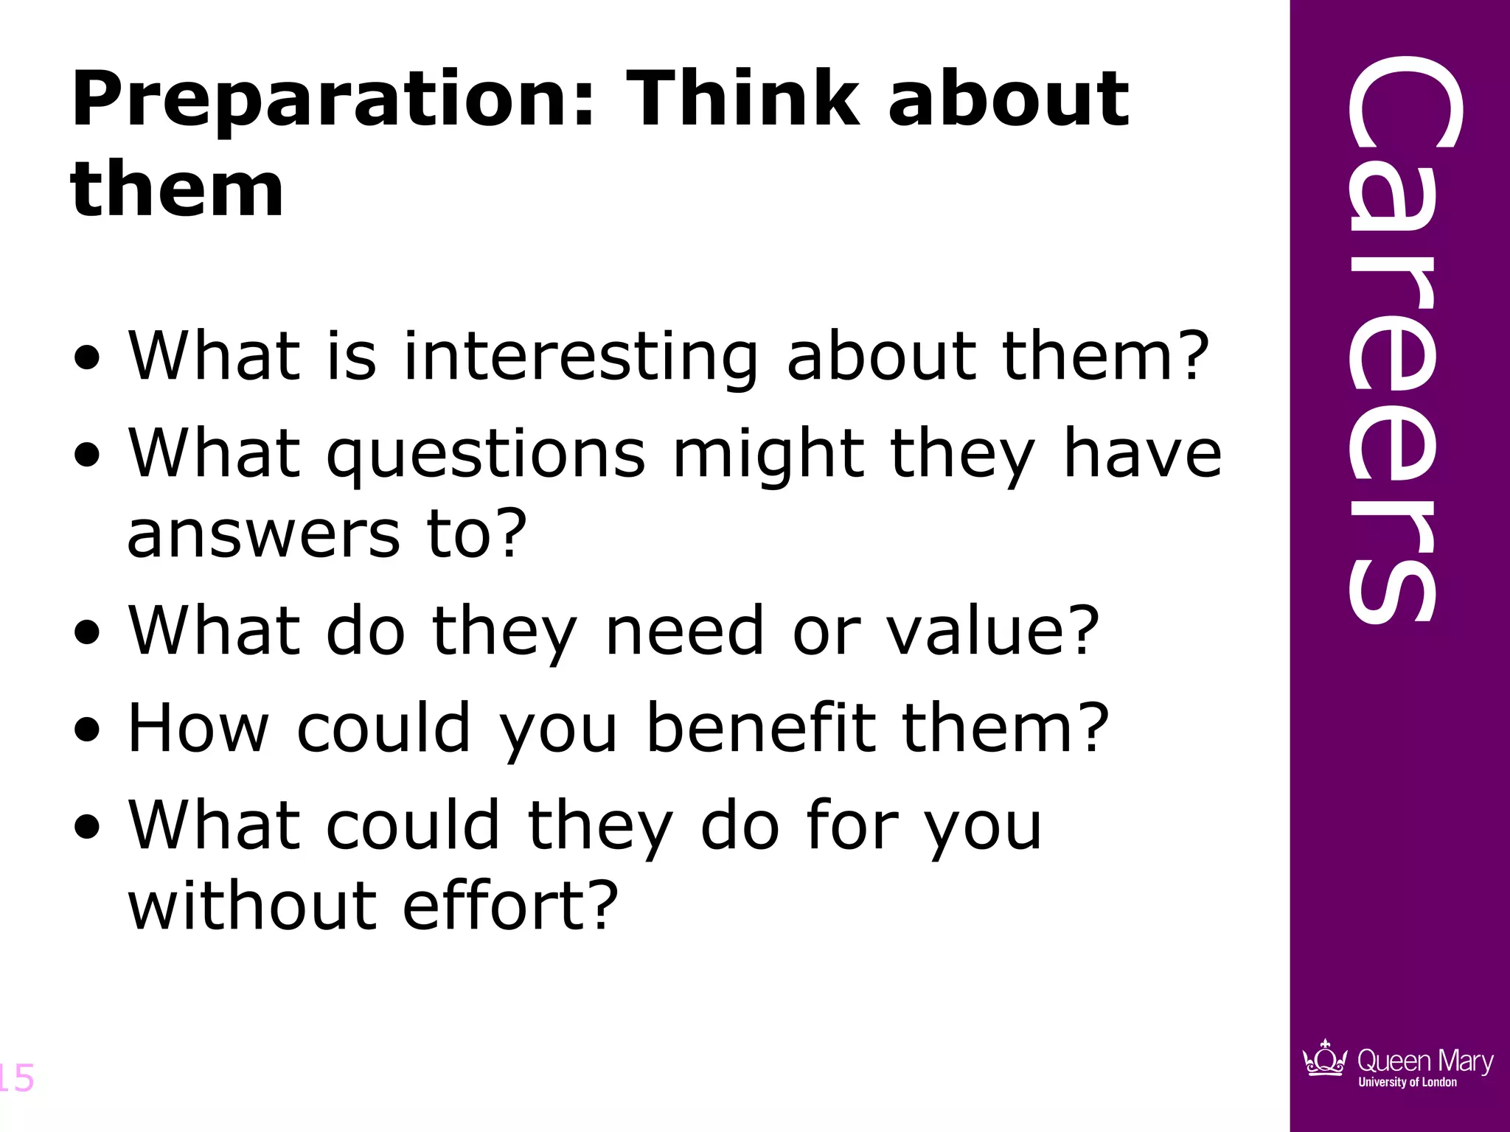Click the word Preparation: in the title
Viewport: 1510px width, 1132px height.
(333, 99)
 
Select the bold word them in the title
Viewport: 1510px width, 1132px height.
(177, 189)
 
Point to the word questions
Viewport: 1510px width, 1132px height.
(487, 455)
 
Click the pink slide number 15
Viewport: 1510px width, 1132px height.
(16, 1077)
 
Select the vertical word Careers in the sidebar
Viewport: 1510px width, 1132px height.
(1392, 339)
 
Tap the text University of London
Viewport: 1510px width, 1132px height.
(1408, 1082)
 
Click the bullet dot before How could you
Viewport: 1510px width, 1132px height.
(88, 730)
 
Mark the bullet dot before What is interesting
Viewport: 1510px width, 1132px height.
(88, 358)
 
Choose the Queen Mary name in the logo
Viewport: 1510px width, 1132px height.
(1424, 1061)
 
